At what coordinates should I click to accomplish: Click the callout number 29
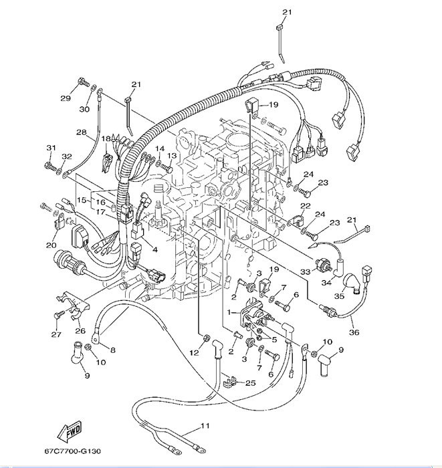(x=66, y=99)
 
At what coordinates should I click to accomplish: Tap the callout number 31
(x=51, y=148)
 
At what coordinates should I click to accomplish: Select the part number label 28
(x=81, y=133)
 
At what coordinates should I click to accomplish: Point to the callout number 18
(x=106, y=139)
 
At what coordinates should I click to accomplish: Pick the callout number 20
(x=51, y=245)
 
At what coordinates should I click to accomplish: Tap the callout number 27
(x=56, y=335)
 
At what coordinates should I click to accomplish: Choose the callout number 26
(x=80, y=330)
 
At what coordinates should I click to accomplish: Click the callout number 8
(x=112, y=349)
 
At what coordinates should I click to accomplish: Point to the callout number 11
(x=205, y=425)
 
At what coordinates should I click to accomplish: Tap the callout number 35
(x=339, y=296)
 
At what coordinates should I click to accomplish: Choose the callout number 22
(x=305, y=205)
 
